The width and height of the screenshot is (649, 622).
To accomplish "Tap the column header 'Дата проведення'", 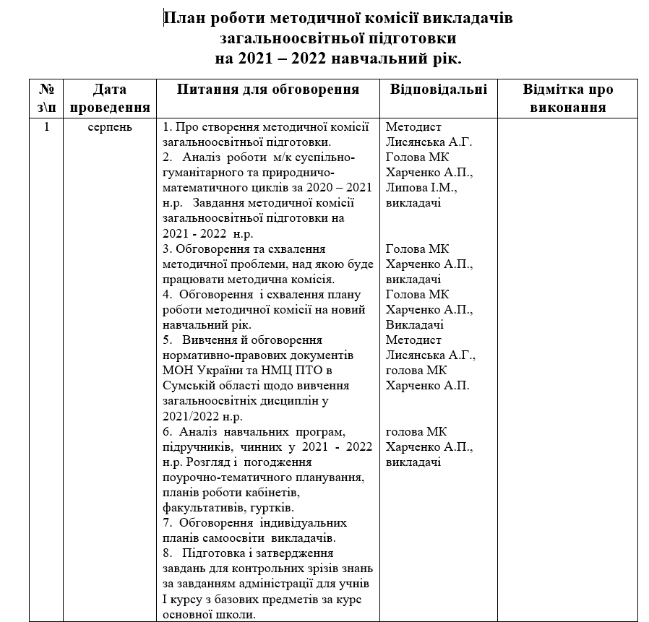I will click(111, 98).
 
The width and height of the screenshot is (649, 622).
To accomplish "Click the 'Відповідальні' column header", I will click(438, 90).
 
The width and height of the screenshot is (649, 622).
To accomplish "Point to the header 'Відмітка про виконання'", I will click(567, 98).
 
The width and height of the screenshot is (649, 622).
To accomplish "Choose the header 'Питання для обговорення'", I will click(268, 90).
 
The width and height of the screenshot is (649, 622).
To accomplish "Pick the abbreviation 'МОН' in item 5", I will click(178, 371).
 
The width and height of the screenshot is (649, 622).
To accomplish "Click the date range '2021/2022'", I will click(188, 416).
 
